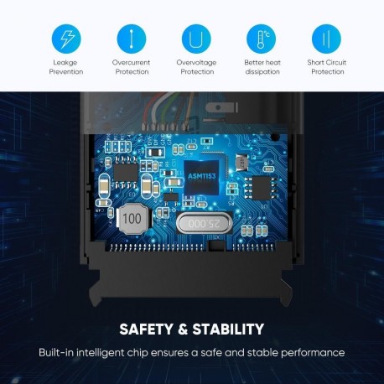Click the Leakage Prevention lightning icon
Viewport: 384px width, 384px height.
pos(66,39)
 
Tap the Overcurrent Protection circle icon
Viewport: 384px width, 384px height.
pos(131,39)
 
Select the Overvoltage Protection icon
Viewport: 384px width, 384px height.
pos(195,39)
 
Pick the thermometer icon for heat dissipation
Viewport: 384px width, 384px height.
pos(261,39)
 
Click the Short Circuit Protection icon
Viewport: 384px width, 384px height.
pos(326,39)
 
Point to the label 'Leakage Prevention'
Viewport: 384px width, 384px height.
pos(66,67)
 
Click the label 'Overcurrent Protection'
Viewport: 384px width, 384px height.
pos(131,67)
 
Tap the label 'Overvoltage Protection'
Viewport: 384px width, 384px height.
pos(196,67)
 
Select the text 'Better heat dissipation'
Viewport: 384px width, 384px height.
pos(261,67)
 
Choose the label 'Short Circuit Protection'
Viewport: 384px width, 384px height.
pos(326,67)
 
